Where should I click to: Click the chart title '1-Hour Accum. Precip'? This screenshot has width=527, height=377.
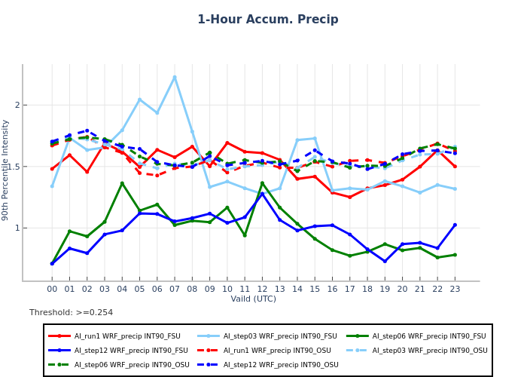pos(268,20)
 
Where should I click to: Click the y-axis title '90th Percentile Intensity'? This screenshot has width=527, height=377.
pos(5,170)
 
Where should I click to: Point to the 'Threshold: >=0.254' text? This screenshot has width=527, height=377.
pos(72,313)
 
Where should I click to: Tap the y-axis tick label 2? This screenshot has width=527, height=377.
pos(17,106)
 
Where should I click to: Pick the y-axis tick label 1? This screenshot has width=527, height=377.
pos(17,228)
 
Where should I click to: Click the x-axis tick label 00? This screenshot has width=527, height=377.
pos(52,289)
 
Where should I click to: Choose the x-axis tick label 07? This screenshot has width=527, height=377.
pos(175,289)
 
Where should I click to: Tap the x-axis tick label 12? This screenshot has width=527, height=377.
pos(262,289)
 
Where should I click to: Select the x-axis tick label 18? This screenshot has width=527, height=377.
pos(367,289)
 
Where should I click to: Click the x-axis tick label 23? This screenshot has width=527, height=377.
pos(455,289)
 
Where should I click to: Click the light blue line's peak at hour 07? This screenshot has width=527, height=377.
pos(175,77)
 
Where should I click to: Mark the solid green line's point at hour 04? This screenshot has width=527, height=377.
pos(122,183)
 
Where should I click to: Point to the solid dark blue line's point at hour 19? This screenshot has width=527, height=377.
pos(385,262)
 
